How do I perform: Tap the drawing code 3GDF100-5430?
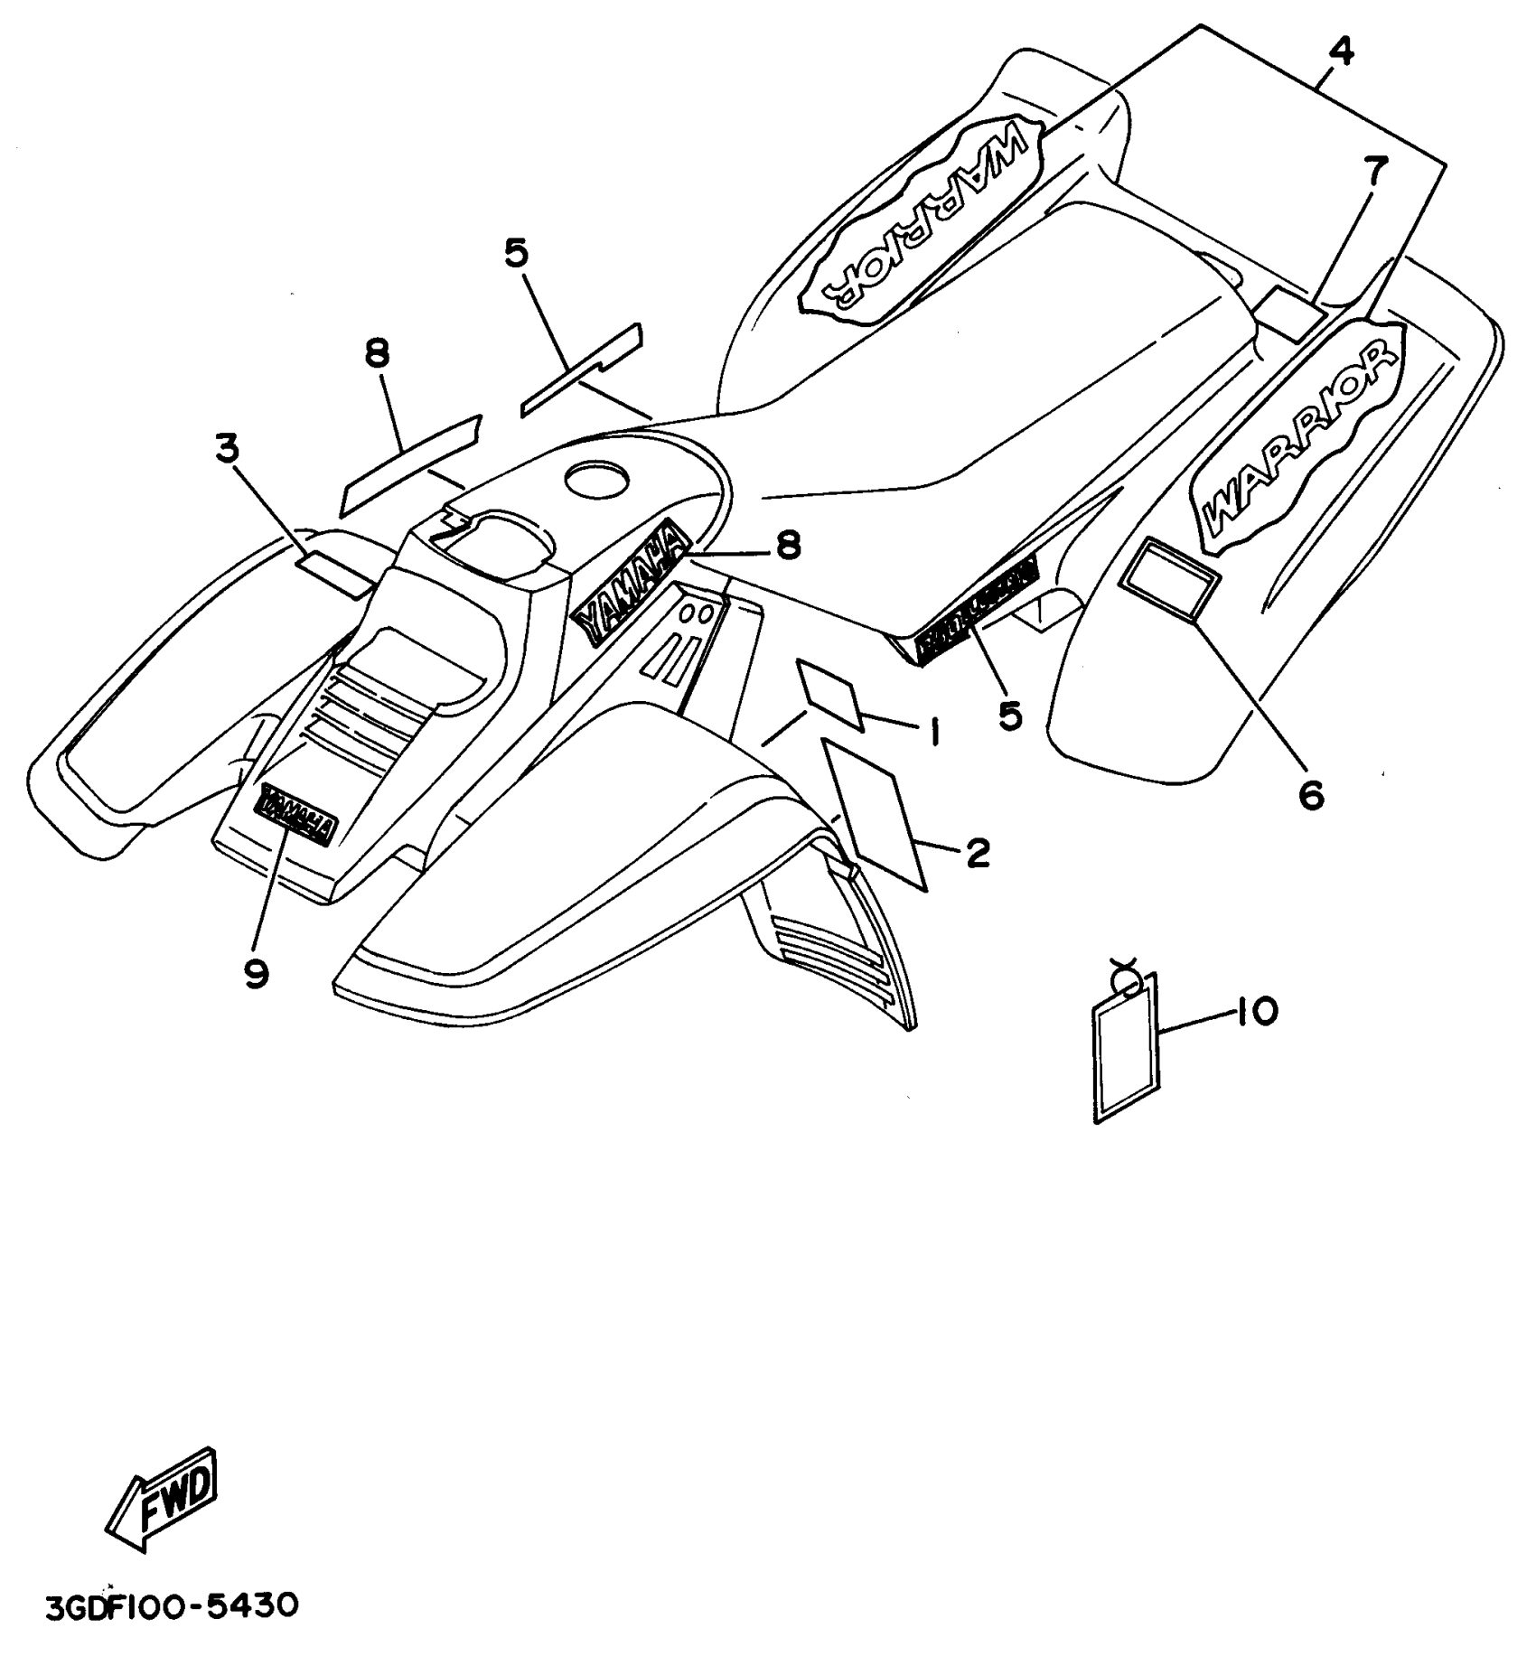click(172, 1606)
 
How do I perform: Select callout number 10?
click(1256, 1011)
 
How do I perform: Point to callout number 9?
click(256, 973)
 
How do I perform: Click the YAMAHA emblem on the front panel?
click(297, 814)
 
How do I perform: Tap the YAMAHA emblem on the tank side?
click(632, 586)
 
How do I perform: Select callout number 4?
click(1342, 52)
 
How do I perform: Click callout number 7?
click(1374, 170)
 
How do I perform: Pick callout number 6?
click(1310, 795)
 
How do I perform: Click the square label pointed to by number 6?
click(1169, 578)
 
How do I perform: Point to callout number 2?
click(977, 852)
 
